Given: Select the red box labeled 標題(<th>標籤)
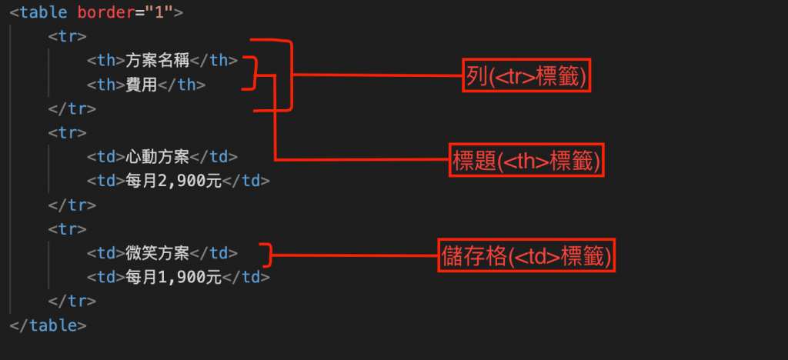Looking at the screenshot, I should point(527,161).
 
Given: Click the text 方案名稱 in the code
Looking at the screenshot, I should point(157,60).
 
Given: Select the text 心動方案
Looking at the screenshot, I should point(157,157).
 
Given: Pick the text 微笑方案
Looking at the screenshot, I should point(157,253).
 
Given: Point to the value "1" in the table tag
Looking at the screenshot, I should point(165,12).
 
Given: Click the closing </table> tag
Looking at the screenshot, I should point(48,325).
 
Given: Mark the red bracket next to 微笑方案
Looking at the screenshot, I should point(265,253).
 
